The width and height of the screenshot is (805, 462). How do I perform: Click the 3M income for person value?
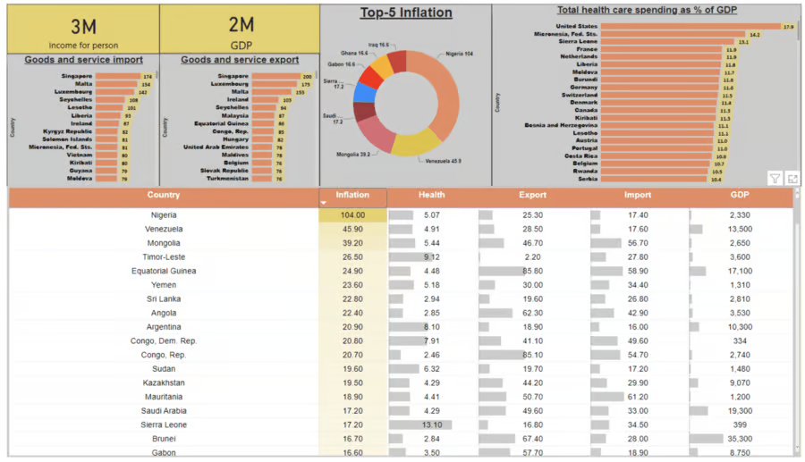83,27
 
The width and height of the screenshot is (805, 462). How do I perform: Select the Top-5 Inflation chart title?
406,13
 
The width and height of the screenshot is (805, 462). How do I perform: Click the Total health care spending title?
647,11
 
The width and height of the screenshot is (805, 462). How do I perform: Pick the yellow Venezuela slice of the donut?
416,143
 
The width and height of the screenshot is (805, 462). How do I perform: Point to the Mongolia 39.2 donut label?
354,155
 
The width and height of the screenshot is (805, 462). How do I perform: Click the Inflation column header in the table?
352,195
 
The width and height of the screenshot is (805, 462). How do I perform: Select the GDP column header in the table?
740,195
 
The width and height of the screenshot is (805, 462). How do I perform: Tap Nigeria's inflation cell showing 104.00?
352,215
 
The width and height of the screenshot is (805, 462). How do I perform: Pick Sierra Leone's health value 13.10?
431,425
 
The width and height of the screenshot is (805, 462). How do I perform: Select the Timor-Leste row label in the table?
163,257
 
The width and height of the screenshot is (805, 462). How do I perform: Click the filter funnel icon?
775,179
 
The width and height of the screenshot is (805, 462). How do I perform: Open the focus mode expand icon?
792,179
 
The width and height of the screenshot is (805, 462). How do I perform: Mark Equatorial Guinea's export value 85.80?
532,272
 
